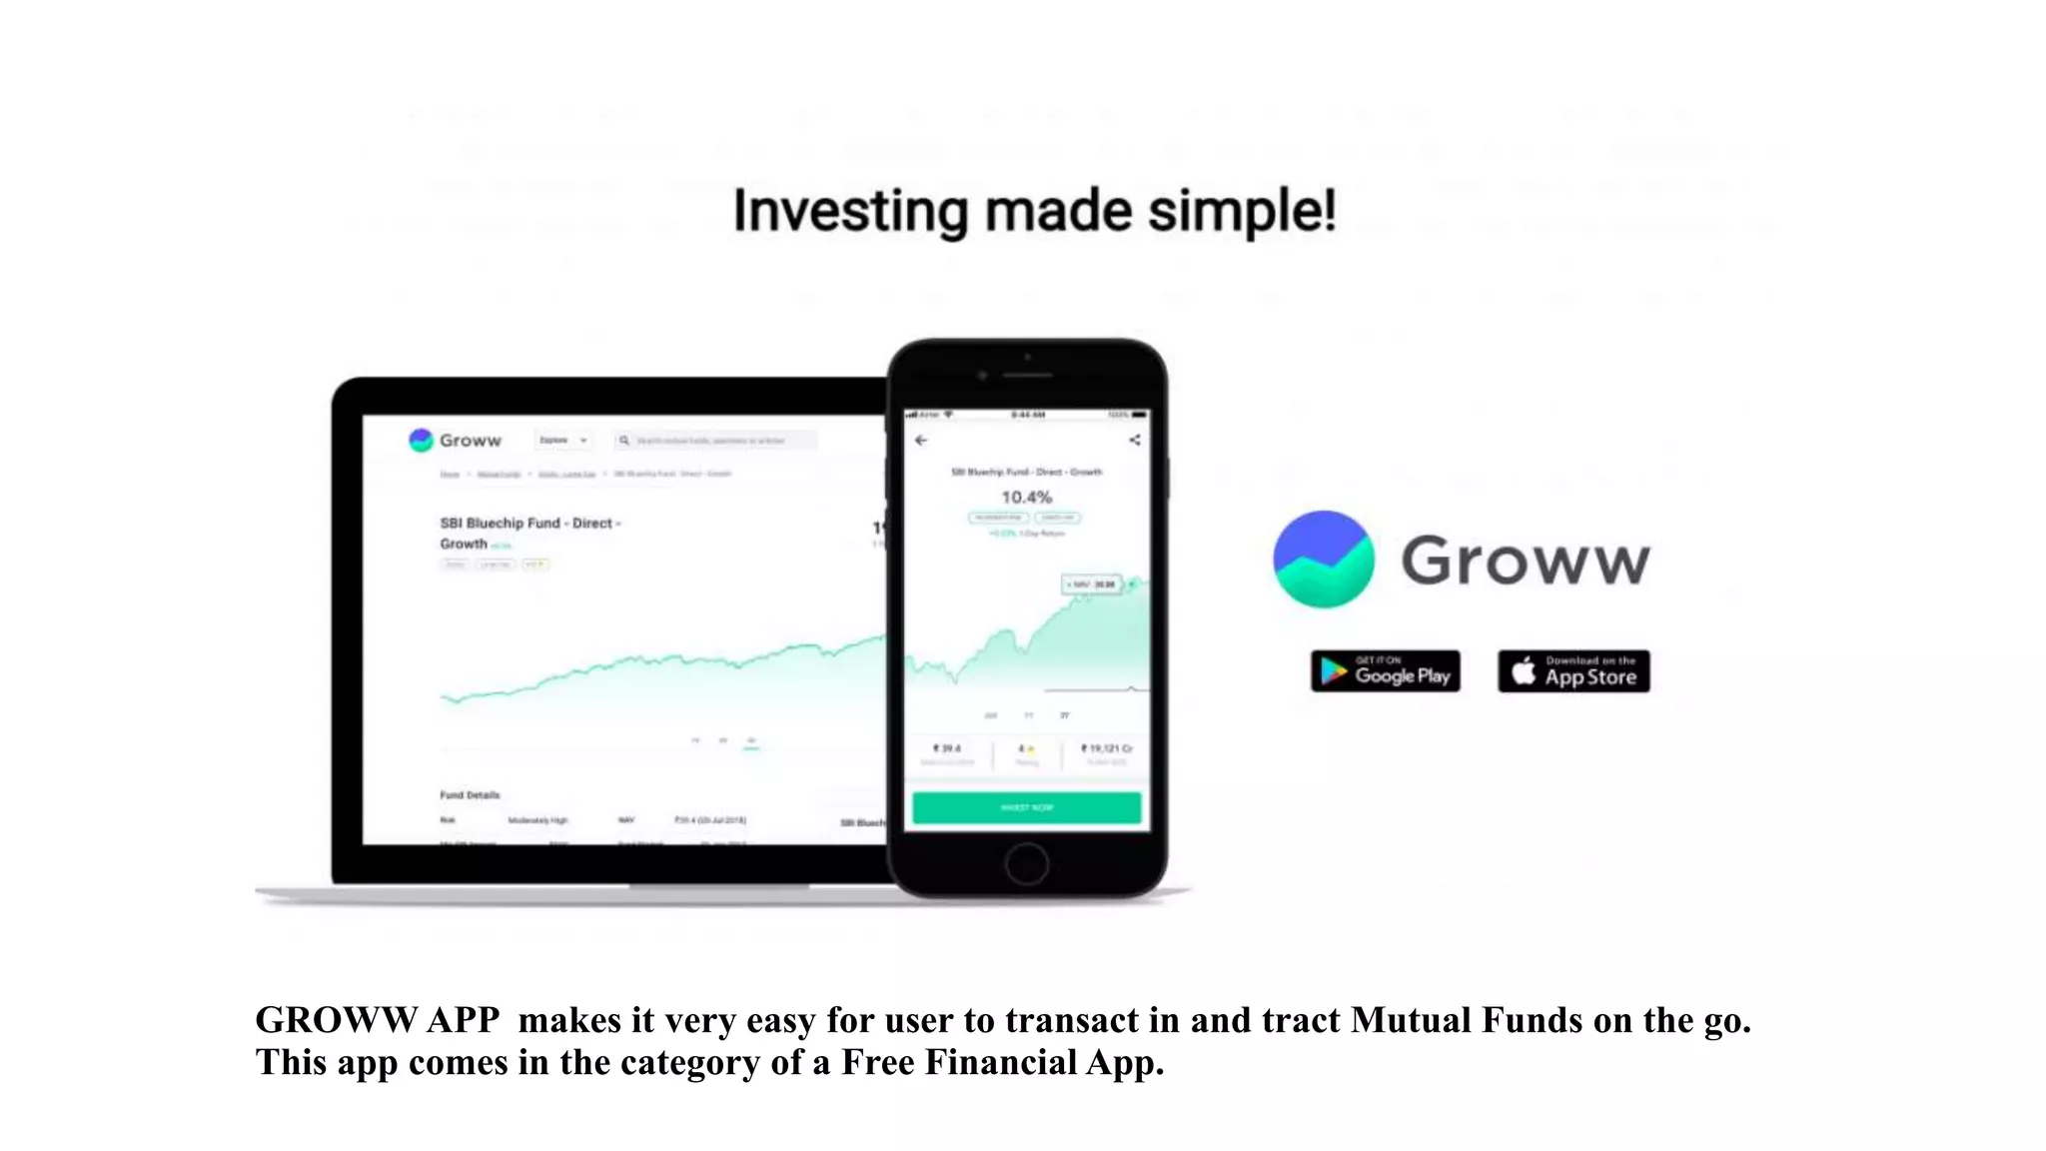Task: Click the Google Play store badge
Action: click(x=1385, y=670)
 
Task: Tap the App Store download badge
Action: click(x=1573, y=670)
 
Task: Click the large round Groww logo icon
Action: click(x=1323, y=560)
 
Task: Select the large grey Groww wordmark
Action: click(x=1525, y=561)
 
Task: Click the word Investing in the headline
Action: click(x=850, y=212)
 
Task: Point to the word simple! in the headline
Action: click(x=1242, y=212)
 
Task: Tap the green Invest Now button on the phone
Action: click(x=1026, y=807)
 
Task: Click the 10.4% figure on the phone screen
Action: click(x=1026, y=497)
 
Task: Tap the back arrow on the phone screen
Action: click(x=921, y=440)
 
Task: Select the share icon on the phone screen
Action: click(x=1134, y=440)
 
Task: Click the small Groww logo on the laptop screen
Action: click(x=421, y=440)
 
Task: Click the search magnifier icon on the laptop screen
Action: click(x=624, y=440)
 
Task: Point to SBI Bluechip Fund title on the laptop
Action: click(x=528, y=524)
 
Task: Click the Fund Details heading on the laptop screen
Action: click(x=470, y=795)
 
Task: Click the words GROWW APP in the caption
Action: click(x=377, y=1020)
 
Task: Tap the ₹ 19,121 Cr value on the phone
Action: click(x=1107, y=748)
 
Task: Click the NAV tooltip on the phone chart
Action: click(x=1091, y=584)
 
